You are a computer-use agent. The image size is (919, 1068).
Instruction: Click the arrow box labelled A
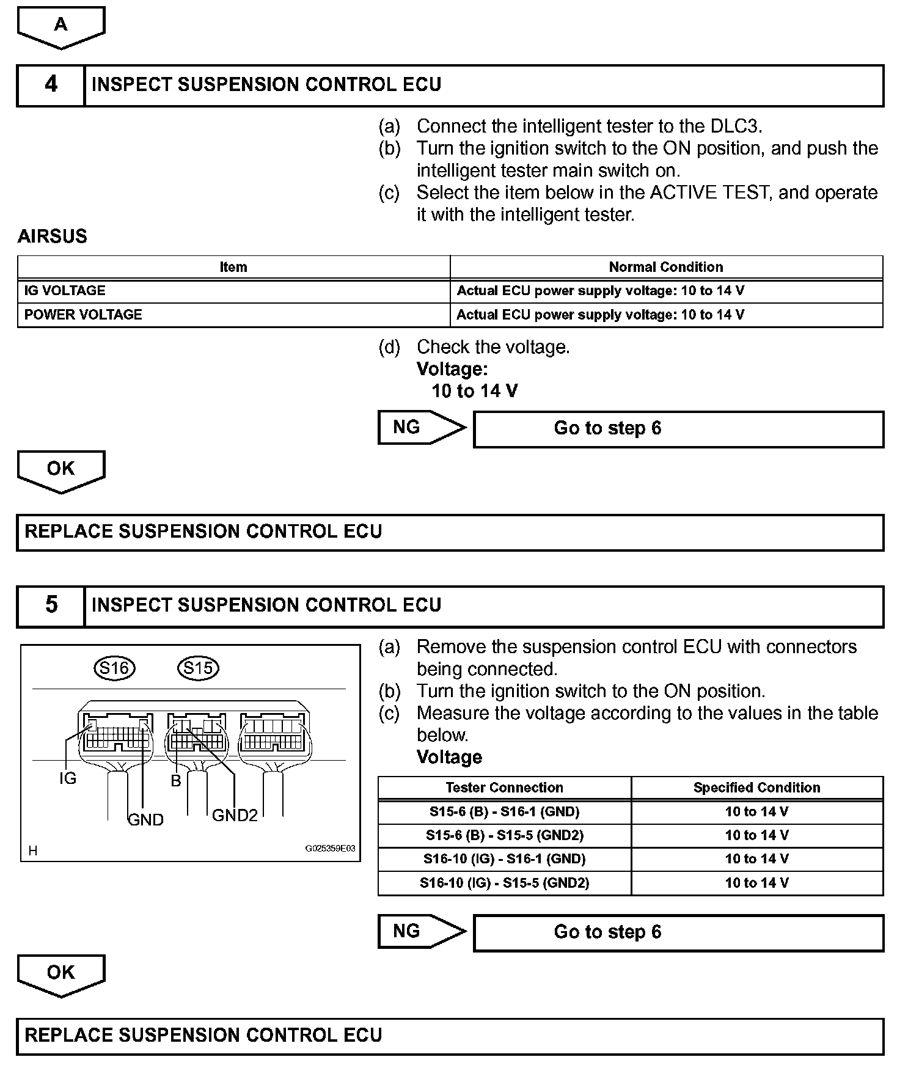pyautogui.click(x=60, y=26)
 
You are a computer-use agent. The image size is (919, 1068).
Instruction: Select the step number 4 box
pyautogui.click(x=51, y=84)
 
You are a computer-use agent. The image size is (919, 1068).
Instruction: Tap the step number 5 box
pyautogui.click(x=51, y=605)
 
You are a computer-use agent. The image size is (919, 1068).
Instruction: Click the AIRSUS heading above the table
pyautogui.click(x=53, y=236)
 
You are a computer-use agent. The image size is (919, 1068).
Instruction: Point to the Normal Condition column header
pyautogui.click(x=665, y=267)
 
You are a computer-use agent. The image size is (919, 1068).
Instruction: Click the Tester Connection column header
pyautogui.click(x=504, y=788)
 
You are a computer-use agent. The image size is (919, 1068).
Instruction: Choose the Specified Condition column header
pyautogui.click(x=756, y=788)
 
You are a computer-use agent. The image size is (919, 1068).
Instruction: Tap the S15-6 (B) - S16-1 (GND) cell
pyautogui.click(x=504, y=812)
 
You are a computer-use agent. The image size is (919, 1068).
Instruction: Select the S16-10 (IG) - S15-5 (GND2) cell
pyautogui.click(x=504, y=883)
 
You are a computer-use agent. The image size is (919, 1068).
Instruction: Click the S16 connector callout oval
pyautogui.click(x=114, y=668)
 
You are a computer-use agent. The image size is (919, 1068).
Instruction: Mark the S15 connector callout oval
pyautogui.click(x=198, y=668)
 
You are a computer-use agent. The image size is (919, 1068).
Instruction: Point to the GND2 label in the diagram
pyautogui.click(x=235, y=815)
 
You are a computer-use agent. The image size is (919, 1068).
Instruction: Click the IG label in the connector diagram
pyautogui.click(x=68, y=778)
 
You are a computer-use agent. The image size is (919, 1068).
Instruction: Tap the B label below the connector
pyautogui.click(x=176, y=781)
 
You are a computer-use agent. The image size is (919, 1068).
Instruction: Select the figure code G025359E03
pyautogui.click(x=330, y=849)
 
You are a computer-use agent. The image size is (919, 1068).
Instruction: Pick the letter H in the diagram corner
pyautogui.click(x=33, y=850)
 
